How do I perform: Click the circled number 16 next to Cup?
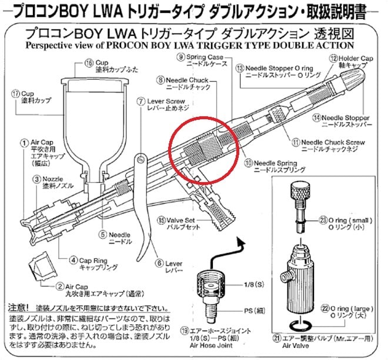tap(89, 63)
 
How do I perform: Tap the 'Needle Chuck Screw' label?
tap(333, 142)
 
